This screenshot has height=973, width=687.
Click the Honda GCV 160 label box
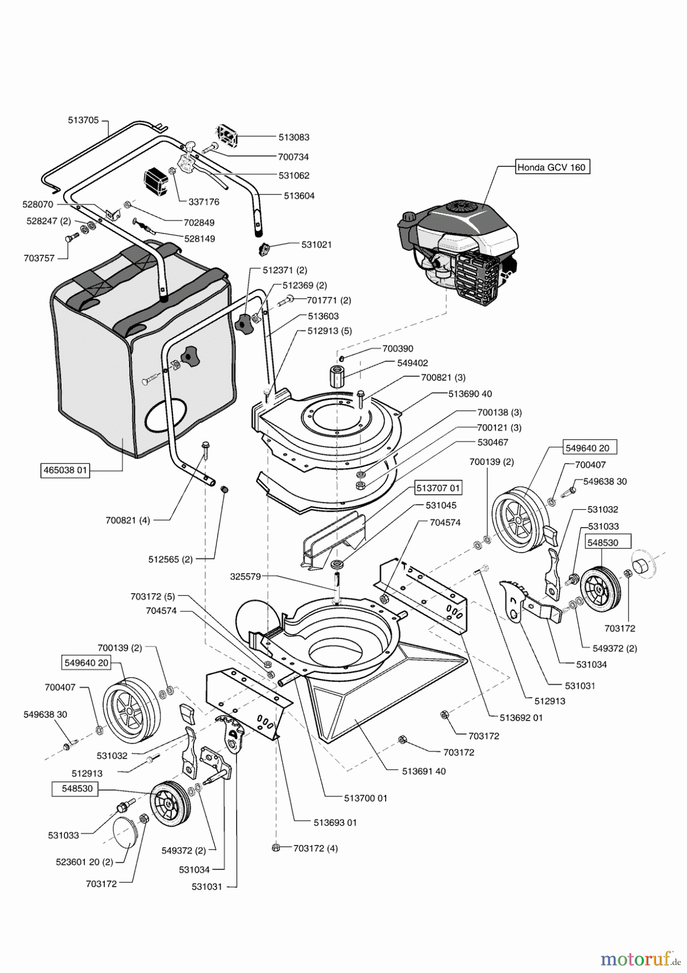pos(551,167)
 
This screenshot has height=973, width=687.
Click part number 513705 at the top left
pos(83,121)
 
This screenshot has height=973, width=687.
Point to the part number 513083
pos(294,137)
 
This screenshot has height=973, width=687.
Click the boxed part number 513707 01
pos(439,488)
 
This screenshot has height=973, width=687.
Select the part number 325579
pos(245,577)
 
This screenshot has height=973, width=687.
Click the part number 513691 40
pos(424,771)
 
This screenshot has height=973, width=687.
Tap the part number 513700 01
pos(366,798)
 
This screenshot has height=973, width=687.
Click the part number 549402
pos(413,363)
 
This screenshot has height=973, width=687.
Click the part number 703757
pos(39,258)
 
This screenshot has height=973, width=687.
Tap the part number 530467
pos(493,442)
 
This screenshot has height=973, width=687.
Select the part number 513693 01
pos(335,823)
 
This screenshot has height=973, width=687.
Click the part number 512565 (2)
pos(171,560)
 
